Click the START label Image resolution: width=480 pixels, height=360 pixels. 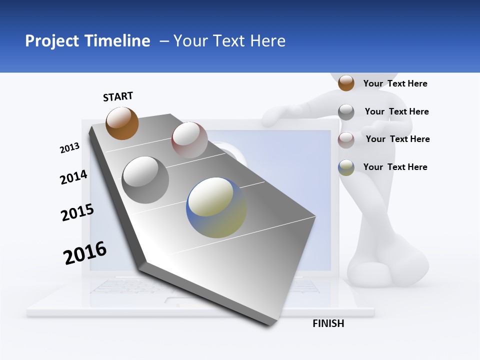click(x=118, y=96)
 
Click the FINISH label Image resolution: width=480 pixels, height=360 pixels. click(x=328, y=323)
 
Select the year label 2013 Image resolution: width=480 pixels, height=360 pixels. click(x=69, y=148)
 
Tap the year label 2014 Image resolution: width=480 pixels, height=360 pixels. click(x=73, y=177)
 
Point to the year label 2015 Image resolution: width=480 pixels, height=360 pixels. click(x=77, y=212)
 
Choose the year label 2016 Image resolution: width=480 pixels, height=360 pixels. click(x=85, y=253)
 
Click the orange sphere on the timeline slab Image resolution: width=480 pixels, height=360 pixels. click(x=122, y=123)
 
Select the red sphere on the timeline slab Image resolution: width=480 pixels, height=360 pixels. click(x=189, y=140)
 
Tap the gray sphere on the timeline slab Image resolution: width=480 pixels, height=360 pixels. click(x=145, y=180)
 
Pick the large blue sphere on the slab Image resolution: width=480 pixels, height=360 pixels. click(x=216, y=207)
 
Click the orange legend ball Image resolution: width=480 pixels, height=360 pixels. click(x=346, y=83)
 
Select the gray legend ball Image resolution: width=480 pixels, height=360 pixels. click(x=346, y=112)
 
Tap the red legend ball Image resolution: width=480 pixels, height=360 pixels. click(x=346, y=140)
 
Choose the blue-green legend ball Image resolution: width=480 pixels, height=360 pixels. click(x=346, y=167)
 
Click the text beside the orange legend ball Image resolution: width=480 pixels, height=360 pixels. click(x=395, y=83)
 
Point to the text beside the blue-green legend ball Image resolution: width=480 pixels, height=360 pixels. click(x=395, y=167)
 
